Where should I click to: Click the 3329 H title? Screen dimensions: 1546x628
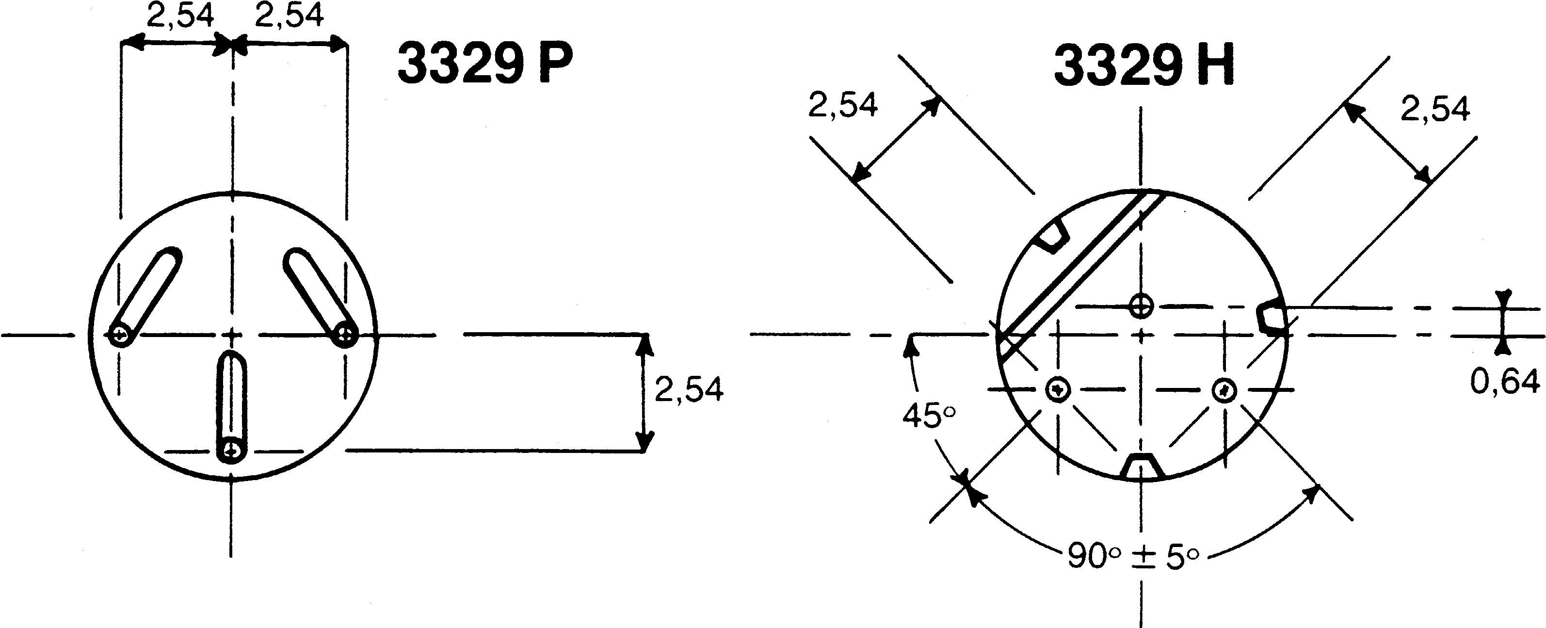tap(1144, 65)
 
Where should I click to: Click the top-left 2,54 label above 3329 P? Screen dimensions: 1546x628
tap(180, 16)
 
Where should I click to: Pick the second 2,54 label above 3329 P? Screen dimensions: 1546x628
tap(290, 16)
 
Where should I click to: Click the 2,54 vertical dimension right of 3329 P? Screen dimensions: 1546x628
tap(689, 389)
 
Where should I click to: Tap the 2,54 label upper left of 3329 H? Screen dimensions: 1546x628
tap(843, 105)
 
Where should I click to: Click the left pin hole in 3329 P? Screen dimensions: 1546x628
tap(121, 335)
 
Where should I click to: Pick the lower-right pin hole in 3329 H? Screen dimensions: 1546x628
tap(1224, 390)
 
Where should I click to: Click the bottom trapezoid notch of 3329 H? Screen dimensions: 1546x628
tap(1143, 467)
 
